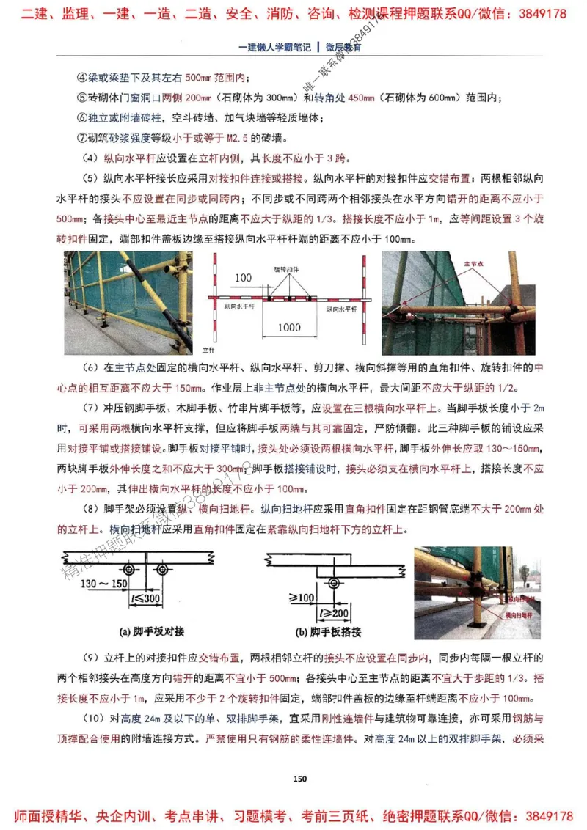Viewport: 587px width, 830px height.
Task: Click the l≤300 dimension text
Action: coord(146,599)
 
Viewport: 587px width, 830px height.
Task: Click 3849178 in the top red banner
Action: coord(542,14)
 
